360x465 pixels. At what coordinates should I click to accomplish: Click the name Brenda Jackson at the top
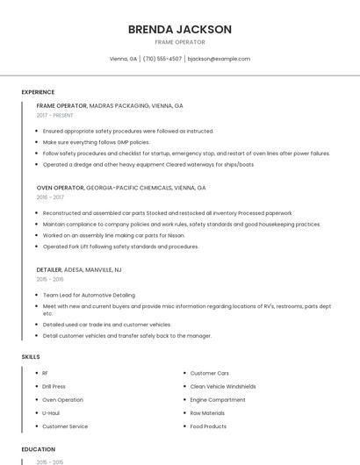pyautogui.click(x=180, y=29)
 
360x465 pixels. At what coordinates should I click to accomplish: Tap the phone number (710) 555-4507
pyautogui.click(x=162, y=59)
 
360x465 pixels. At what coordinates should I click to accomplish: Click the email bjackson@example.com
pyautogui.click(x=219, y=59)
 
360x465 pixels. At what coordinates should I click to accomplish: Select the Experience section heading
pyautogui.click(x=38, y=92)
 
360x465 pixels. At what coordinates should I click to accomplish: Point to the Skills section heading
pyautogui.click(x=31, y=357)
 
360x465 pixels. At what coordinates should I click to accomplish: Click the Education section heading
pyautogui.click(x=39, y=449)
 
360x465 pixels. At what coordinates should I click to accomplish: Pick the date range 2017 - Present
pyautogui.click(x=55, y=116)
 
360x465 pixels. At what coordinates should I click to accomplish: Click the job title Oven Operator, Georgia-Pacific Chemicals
pyautogui.click(x=121, y=188)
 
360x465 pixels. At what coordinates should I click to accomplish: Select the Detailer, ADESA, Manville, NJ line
pyautogui.click(x=79, y=270)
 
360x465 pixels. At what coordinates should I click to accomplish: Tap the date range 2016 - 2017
pyautogui.click(x=50, y=197)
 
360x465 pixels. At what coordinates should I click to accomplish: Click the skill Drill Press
pyautogui.click(x=54, y=386)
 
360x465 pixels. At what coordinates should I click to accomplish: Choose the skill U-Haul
pyautogui.click(x=51, y=412)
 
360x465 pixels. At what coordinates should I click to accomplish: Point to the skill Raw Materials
pyautogui.click(x=207, y=412)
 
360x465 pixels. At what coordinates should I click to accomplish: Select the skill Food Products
pyautogui.click(x=208, y=426)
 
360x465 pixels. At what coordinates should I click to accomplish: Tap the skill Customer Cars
pyautogui.click(x=209, y=373)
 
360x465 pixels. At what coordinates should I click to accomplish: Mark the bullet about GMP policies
pyautogui.click(x=96, y=141)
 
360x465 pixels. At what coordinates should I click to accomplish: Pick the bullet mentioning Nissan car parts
pyautogui.click(x=113, y=235)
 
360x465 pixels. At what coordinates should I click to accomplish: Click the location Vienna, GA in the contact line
pyautogui.click(x=123, y=59)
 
